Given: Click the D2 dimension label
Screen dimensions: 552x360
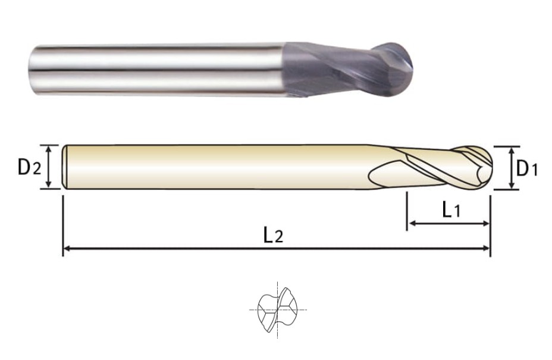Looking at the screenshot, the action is pyautogui.click(x=30, y=167).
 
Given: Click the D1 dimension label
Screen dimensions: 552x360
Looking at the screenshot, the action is pyautogui.click(x=526, y=168).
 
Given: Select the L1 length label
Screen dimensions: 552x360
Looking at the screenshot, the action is pyautogui.click(x=451, y=210).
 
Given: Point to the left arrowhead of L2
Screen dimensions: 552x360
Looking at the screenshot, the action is pyautogui.click(x=67, y=249).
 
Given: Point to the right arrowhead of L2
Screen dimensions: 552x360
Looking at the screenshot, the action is pyautogui.click(x=486, y=249).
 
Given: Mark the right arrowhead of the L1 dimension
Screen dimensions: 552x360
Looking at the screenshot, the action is pyautogui.click(x=486, y=223).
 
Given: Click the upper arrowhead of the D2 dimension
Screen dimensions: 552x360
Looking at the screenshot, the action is pyautogui.click(x=49, y=149).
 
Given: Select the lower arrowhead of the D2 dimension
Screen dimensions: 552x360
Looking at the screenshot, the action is pyautogui.click(x=49, y=184).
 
